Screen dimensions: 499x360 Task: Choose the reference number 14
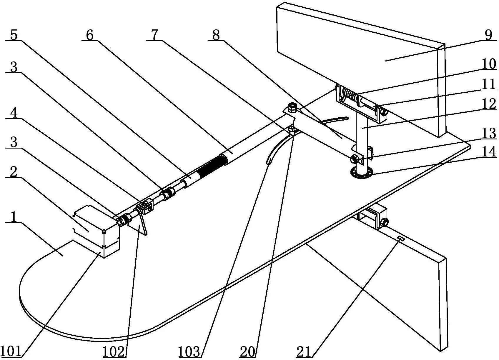click(489, 151)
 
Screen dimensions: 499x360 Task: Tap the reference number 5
click(14, 35)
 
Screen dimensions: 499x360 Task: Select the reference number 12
click(489, 104)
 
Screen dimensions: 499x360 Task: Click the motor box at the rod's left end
click(96, 231)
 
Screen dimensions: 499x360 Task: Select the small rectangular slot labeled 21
click(401, 239)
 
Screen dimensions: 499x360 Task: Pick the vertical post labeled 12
click(362, 142)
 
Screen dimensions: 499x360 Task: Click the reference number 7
click(154, 35)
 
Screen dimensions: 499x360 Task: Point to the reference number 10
click(489, 64)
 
